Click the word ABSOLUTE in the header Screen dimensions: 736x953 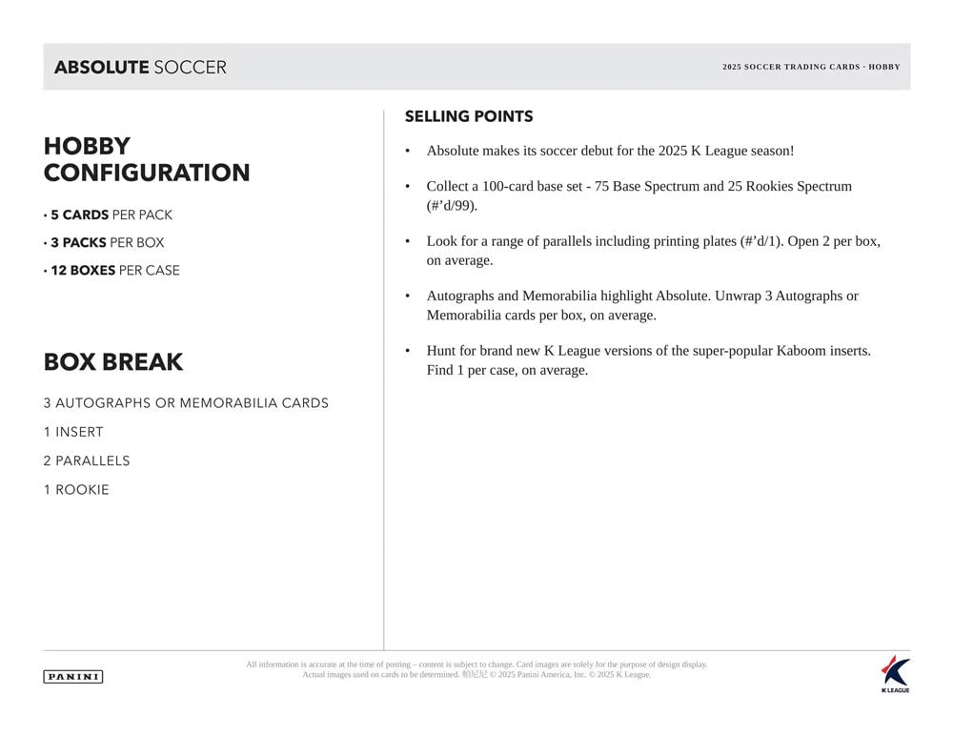coord(101,68)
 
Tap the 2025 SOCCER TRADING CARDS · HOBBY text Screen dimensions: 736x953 coord(810,67)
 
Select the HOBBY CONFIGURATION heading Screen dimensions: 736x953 coord(146,159)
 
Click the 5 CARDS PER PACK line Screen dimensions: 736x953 coord(111,215)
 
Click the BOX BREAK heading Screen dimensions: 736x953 coord(112,362)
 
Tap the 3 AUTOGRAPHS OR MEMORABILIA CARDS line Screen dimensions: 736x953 coord(186,403)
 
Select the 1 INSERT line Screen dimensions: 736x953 coord(73,432)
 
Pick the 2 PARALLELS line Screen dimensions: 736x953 coord(87,460)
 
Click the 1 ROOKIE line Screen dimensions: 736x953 coord(76,489)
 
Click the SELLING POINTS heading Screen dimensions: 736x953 coord(468,116)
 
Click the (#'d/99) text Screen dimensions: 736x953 coord(452,205)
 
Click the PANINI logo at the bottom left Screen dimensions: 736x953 coord(72,677)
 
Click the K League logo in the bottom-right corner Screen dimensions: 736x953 coord(895,673)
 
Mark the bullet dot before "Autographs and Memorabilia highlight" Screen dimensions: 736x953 coord(408,296)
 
